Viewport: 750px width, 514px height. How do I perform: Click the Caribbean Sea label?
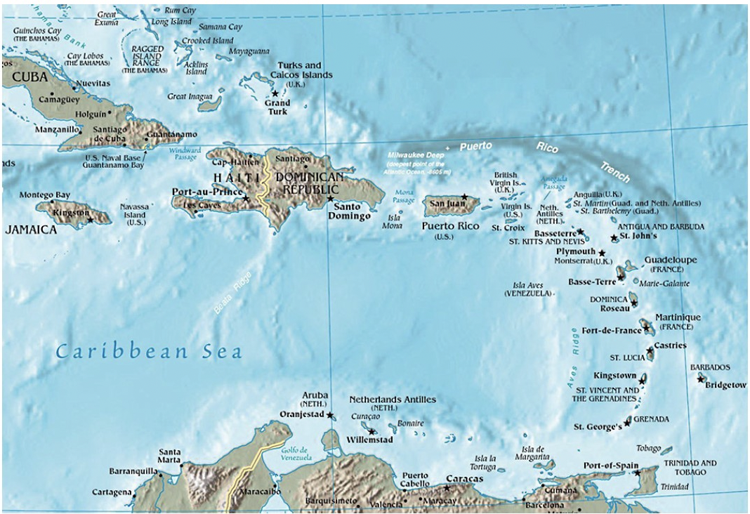[x=149, y=352]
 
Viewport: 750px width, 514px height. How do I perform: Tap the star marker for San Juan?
[x=464, y=197]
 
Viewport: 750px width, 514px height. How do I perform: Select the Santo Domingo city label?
[x=352, y=211]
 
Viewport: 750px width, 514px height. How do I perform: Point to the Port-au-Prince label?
[x=206, y=191]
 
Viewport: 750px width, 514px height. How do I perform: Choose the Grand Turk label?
[x=277, y=107]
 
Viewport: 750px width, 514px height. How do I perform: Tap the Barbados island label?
[x=710, y=367]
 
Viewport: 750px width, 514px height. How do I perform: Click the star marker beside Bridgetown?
[x=700, y=378]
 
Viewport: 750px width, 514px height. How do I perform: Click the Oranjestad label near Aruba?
[x=303, y=414]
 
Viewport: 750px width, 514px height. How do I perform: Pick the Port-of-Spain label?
[x=612, y=466]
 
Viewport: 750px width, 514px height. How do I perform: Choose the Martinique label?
[x=678, y=317]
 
